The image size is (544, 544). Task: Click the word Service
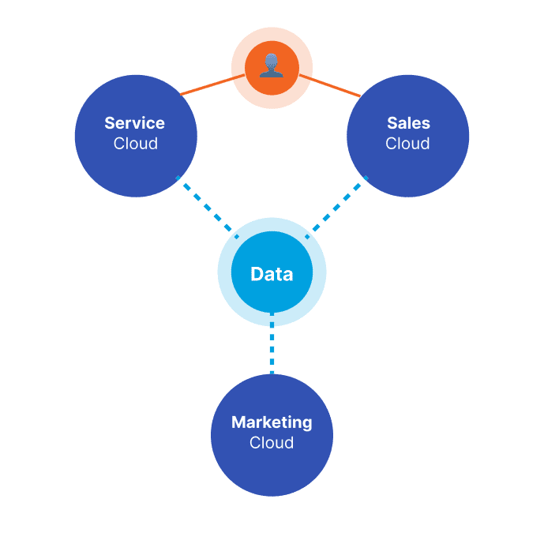134,123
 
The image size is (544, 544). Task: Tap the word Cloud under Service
136,144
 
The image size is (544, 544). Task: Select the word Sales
408,123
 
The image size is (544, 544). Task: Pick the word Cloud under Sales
407,144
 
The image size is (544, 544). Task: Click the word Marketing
272,423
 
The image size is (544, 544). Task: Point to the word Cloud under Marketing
272,443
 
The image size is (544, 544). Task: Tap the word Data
272,274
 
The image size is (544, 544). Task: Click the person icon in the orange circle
272,66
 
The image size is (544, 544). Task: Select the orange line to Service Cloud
212,84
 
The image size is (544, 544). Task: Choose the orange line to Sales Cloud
330,85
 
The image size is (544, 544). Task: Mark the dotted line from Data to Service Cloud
208,208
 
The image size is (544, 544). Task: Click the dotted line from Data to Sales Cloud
336,208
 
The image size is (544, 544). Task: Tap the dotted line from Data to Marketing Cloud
272,343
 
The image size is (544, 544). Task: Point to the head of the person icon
272,62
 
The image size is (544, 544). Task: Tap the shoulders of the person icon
272,74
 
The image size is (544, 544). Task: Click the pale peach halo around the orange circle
272,34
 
